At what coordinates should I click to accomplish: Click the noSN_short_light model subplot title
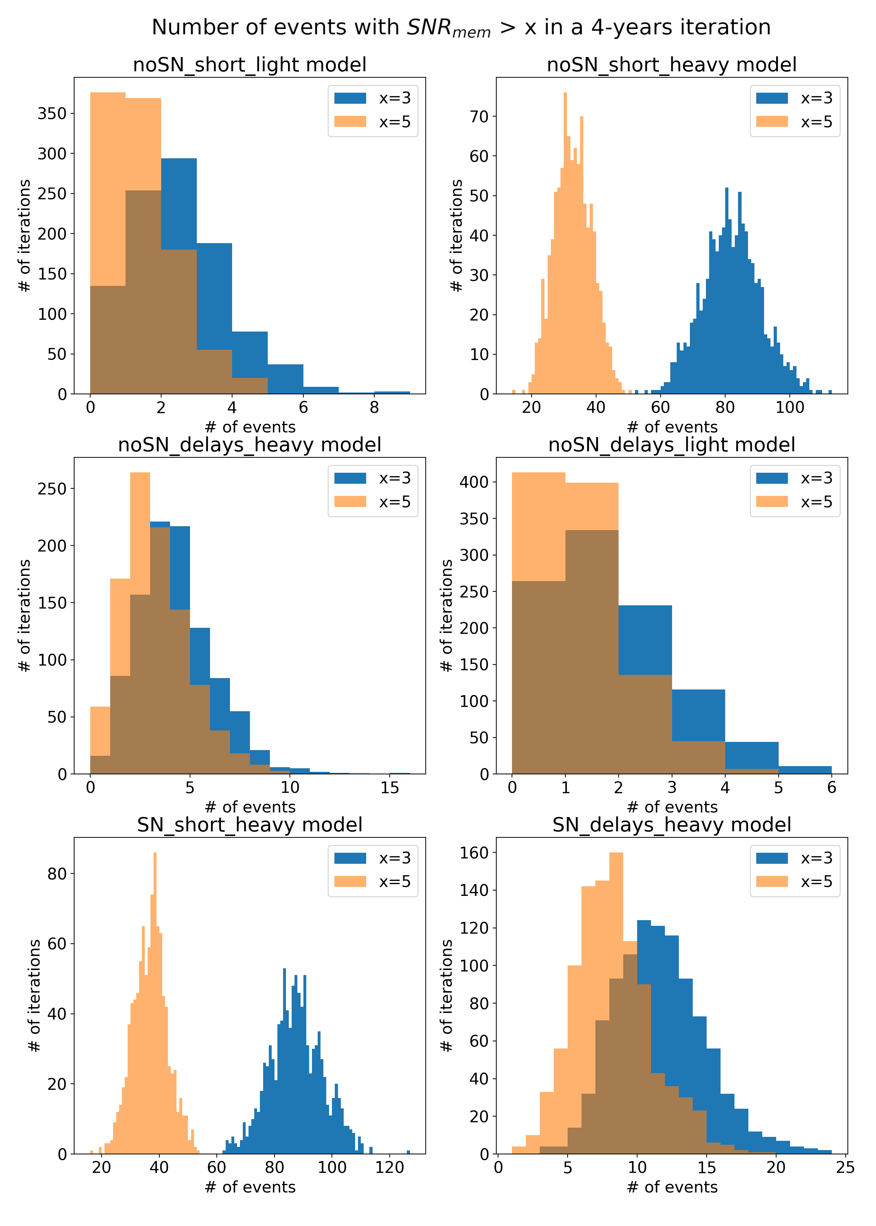click(249, 65)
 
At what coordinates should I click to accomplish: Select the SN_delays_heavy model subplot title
click(672, 825)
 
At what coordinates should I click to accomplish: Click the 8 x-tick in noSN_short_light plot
click(374, 408)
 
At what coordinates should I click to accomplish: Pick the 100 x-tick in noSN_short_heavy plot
click(790, 408)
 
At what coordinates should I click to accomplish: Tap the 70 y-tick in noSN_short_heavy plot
click(478, 117)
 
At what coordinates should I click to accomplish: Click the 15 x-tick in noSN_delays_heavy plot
click(389, 788)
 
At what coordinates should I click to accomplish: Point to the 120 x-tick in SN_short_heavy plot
click(389, 1168)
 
